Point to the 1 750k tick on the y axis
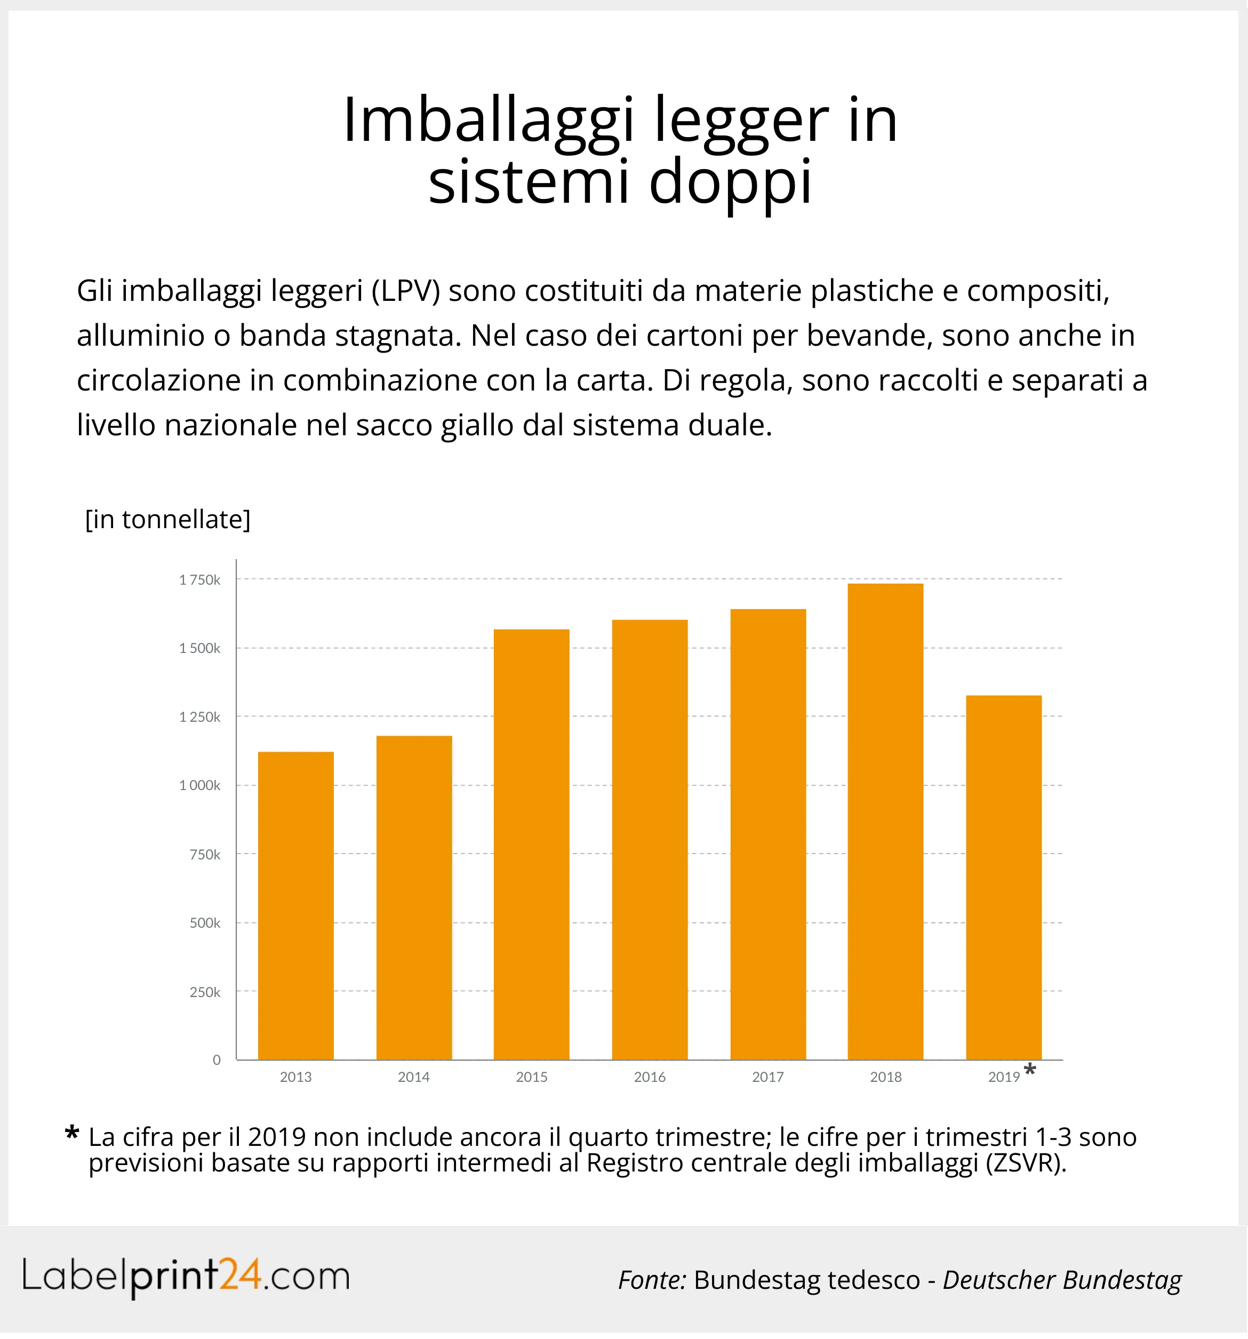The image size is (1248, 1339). tap(199, 580)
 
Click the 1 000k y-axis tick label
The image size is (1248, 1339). tap(199, 785)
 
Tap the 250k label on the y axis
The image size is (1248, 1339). tap(205, 992)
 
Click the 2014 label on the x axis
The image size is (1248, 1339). tap(413, 1077)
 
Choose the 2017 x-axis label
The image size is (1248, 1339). tap(768, 1077)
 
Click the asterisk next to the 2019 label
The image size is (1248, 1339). tap(1029, 1070)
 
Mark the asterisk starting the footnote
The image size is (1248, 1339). tap(71, 1134)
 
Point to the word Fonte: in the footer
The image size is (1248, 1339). tap(651, 1280)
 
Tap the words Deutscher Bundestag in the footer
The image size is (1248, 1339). tap(1061, 1280)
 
